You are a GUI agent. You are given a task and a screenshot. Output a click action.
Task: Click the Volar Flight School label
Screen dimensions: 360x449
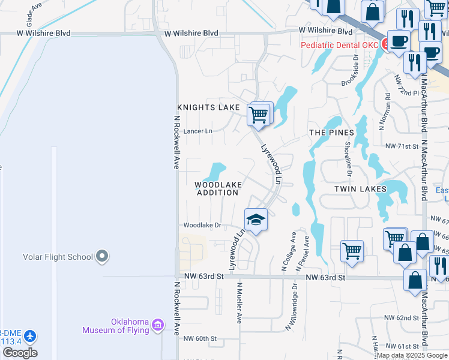pyautogui.click(x=58, y=257)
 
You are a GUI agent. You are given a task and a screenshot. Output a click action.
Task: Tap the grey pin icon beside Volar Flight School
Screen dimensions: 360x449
pyautogui.click(x=101, y=257)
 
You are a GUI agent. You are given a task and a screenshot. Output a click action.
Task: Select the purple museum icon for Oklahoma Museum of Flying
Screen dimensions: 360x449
pyautogui.click(x=158, y=325)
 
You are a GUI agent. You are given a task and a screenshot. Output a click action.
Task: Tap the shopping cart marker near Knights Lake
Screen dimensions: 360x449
pyautogui.click(x=259, y=114)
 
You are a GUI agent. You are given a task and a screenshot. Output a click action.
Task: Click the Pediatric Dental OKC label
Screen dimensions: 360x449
pyautogui.click(x=339, y=46)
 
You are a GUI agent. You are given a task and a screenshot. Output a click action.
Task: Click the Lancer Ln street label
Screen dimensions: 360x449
pyautogui.click(x=197, y=131)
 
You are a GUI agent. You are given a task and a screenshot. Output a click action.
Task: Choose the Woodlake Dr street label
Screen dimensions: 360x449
pyautogui.click(x=202, y=226)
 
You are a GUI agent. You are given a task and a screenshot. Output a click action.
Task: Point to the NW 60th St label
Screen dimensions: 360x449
pyautogui.click(x=199, y=339)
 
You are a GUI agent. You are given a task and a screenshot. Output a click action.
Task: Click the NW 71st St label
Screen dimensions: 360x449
pyautogui.click(x=401, y=146)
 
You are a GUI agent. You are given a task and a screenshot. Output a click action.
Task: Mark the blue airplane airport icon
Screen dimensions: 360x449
pyautogui.click(x=30, y=335)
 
